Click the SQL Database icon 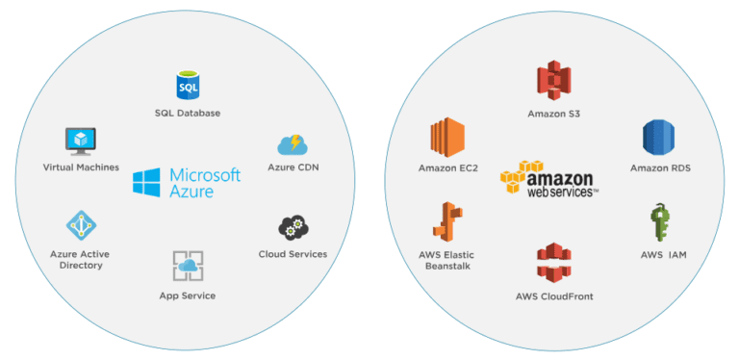[187, 86]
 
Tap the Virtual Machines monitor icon [81, 141]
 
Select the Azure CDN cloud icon [292, 144]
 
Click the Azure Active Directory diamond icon [81, 225]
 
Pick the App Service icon [188, 265]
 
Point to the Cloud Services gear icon [293, 228]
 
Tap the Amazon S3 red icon [553, 81]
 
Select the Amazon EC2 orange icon [448, 138]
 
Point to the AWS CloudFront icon [554, 264]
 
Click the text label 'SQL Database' [187, 114]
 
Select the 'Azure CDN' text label [293, 168]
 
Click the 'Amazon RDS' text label [660, 168]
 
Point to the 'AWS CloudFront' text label [554, 296]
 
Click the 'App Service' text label [188, 296]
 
